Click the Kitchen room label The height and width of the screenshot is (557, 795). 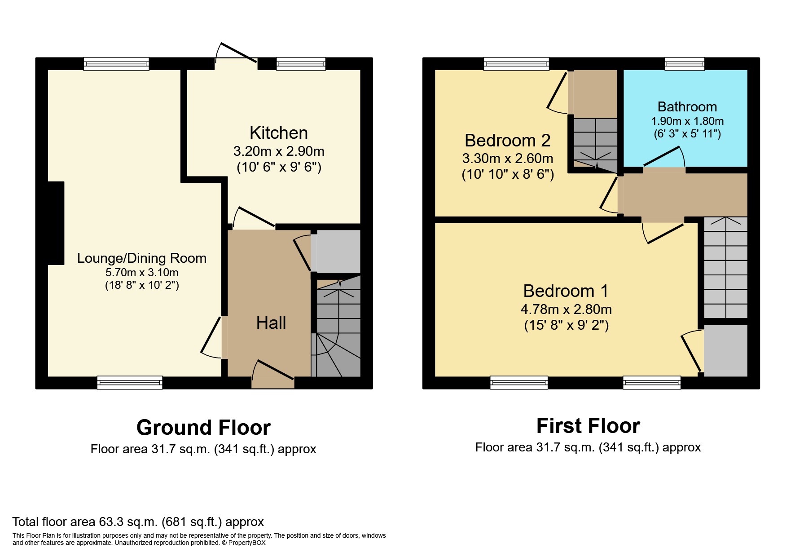(x=278, y=133)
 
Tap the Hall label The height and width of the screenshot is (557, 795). (x=271, y=323)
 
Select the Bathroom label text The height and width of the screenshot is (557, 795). (x=687, y=107)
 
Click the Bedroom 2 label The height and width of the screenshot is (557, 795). (x=507, y=141)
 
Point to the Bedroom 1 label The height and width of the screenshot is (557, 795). (x=566, y=291)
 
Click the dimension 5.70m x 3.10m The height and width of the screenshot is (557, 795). (x=142, y=273)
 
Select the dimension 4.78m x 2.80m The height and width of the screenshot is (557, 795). (x=566, y=309)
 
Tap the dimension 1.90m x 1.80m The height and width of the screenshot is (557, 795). (x=687, y=121)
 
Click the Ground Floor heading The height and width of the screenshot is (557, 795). (x=203, y=428)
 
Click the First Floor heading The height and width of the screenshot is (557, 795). (x=588, y=426)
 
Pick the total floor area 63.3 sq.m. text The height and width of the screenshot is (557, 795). (x=138, y=522)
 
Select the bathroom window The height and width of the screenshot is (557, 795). (x=685, y=64)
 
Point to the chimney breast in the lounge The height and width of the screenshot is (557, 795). (x=56, y=223)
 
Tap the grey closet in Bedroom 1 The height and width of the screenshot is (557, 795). (x=725, y=350)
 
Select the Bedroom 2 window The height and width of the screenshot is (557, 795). (x=516, y=64)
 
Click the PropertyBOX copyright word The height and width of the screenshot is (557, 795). (x=247, y=543)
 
